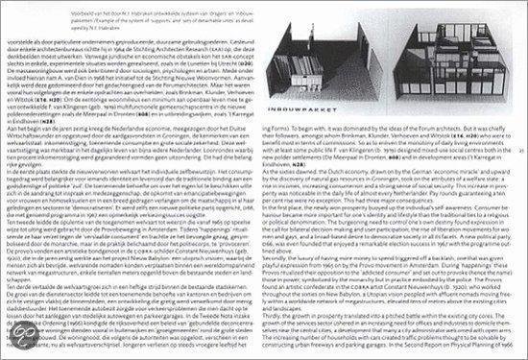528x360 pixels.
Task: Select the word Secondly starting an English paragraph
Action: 277,250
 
